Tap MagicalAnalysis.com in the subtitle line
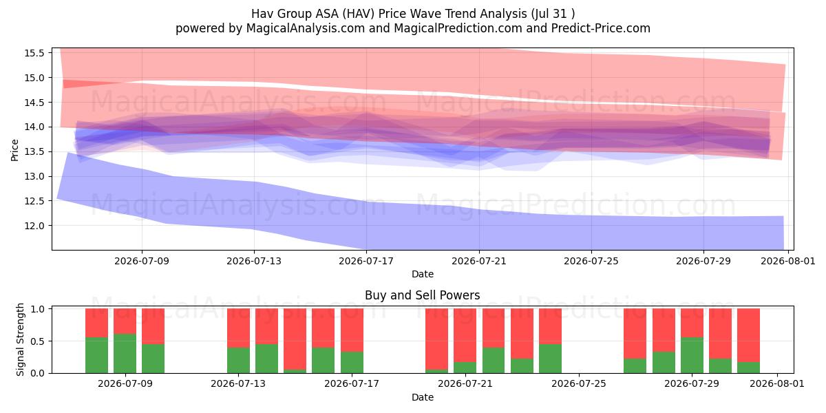[306, 28]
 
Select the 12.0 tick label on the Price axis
[34, 226]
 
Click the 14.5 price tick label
[34, 103]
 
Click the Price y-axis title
[14, 150]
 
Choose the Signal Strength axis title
[20, 339]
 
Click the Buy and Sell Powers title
[422, 295]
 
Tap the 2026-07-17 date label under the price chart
[366, 261]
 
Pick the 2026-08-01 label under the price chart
[788, 261]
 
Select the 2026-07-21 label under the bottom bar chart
[465, 383]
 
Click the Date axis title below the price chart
[423, 274]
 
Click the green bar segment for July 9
[125, 353]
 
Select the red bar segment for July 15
[295, 339]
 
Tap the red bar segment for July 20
[436, 339]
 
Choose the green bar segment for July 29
[692, 355]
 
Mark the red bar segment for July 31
[749, 335]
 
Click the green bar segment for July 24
[550, 359]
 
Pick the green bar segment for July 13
[238, 360]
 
